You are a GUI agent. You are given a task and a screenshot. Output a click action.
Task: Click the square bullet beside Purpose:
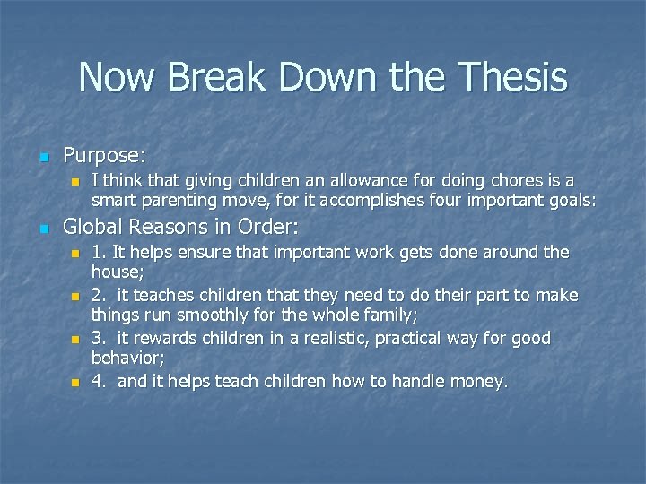click(x=42, y=156)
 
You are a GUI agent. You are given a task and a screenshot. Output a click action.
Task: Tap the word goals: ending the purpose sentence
click(x=566, y=200)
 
